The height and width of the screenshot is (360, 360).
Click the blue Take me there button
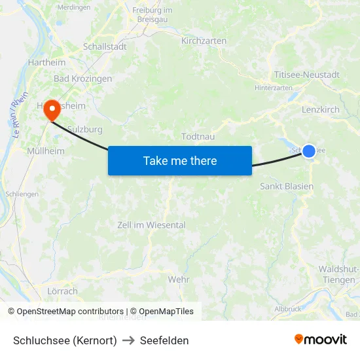pos(180,160)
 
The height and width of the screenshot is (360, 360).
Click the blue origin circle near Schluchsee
pos(309,151)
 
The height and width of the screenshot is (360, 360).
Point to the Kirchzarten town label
pos(204,41)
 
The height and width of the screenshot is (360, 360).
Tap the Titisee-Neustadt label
pos(307,75)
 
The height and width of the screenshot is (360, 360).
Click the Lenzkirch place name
pos(321,109)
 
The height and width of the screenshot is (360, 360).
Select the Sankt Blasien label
pos(287,187)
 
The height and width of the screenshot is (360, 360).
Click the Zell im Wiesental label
pos(151,225)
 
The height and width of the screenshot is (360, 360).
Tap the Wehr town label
pos(178,279)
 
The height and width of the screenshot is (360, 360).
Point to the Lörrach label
pos(63,291)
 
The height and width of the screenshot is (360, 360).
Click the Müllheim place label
pos(46,151)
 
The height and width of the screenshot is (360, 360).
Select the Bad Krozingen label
pos(82,79)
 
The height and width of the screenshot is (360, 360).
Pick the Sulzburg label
pos(85,130)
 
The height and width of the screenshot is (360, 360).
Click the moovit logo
pos(320,339)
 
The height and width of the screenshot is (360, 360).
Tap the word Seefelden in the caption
pos(165,340)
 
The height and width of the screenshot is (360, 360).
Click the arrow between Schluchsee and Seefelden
pos(128,340)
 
